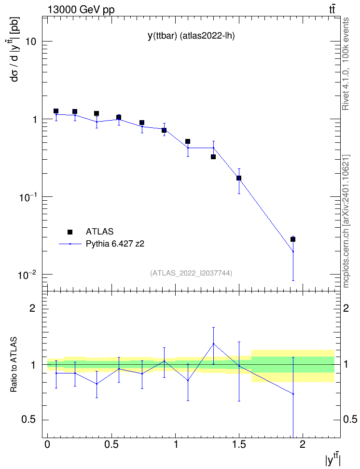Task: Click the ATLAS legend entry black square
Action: (70, 232)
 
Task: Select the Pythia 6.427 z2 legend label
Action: (115, 244)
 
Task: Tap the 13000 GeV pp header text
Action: (81, 10)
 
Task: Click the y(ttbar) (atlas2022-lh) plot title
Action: (191, 36)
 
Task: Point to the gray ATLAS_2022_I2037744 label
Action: (191, 273)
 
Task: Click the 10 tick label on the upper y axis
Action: (30, 41)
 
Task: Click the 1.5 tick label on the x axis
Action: (239, 444)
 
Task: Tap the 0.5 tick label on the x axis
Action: (111, 444)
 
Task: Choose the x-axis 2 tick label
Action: (303, 444)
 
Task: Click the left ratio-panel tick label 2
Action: (32, 308)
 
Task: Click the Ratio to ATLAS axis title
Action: (14, 364)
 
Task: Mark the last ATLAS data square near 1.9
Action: (293, 239)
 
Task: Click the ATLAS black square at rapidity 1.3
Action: (213, 157)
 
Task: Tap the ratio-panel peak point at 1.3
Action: (213, 344)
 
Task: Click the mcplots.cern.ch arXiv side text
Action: (346, 221)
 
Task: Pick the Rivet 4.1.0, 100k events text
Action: (346, 64)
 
